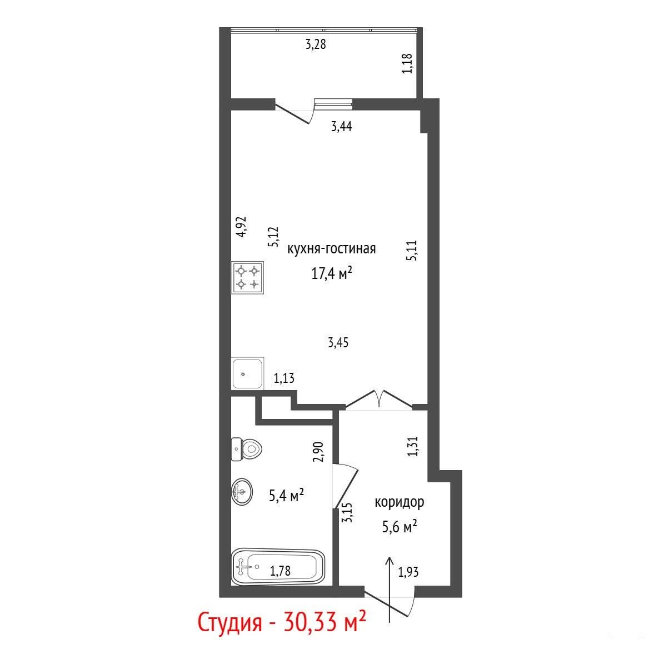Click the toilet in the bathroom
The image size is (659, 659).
pyautogui.click(x=246, y=449)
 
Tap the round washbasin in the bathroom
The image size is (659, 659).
pyautogui.click(x=242, y=491)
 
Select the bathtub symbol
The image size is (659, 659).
pyautogui.click(x=278, y=566)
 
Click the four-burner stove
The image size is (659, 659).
pyautogui.click(x=248, y=277)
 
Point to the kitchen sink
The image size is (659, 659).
pyautogui.click(x=248, y=373)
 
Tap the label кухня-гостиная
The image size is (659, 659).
pyautogui.click(x=331, y=249)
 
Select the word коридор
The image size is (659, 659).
pyautogui.click(x=400, y=502)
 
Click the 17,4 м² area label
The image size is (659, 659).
pyautogui.click(x=331, y=273)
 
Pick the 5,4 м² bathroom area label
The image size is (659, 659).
pyautogui.click(x=286, y=496)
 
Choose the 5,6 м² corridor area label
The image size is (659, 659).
pyautogui.click(x=400, y=527)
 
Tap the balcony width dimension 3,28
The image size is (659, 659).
pyautogui.click(x=316, y=44)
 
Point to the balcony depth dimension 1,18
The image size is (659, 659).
pyautogui.click(x=407, y=63)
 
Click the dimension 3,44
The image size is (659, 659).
pyautogui.click(x=341, y=126)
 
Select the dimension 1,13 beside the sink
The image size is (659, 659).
pyautogui.click(x=284, y=378)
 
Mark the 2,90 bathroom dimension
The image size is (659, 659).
pyautogui.click(x=318, y=452)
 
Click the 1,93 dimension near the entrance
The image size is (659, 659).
pyautogui.click(x=408, y=572)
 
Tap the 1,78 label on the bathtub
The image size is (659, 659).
pyautogui.click(x=280, y=571)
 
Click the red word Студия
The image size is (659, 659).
pyautogui.click(x=230, y=623)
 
